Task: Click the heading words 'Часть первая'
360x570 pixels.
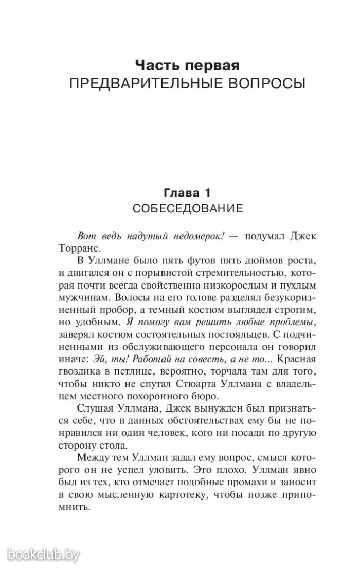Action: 187,65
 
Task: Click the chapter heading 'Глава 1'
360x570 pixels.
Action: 187,193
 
